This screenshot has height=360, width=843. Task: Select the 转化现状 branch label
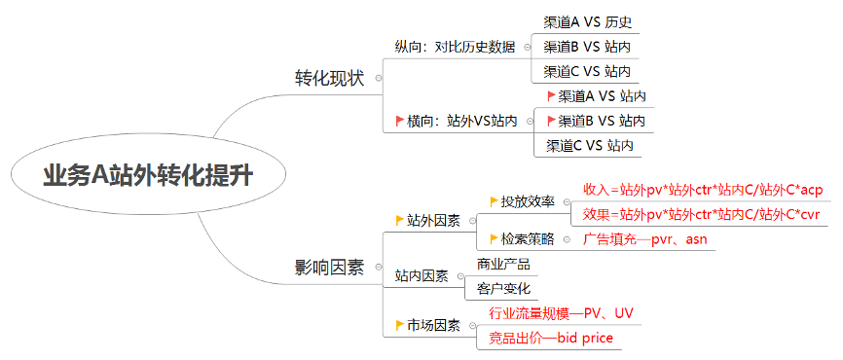(x=330, y=78)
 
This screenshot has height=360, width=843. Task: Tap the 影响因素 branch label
(x=330, y=267)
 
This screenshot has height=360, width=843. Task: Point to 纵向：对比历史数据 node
(x=455, y=47)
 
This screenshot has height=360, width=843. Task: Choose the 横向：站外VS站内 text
(x=461, y=122)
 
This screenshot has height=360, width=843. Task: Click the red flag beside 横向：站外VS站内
(x=399, y=122)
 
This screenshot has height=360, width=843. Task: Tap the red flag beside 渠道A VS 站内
(x=552, y=95)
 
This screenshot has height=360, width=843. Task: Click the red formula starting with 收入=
(x=703, y=189)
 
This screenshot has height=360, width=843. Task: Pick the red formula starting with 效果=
(x=703, y=214)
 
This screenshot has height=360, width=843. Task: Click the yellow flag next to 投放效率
(x=494, y=201)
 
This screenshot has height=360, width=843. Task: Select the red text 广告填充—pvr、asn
(x=644, y=238)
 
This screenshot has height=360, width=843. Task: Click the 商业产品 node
(x=503, y=264)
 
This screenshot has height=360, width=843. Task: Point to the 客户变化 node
(x=503, y=289)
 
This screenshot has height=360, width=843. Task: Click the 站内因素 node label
(x=421, y=276)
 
